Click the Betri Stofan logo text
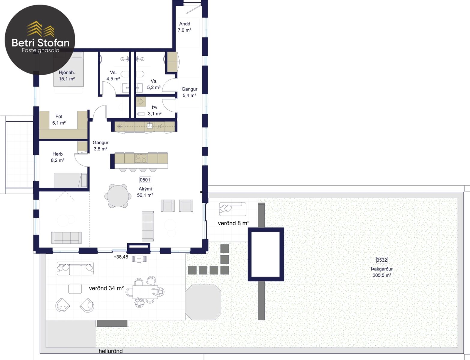coord(41,43)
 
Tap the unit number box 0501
coord(145,180)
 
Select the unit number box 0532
coord(382,260)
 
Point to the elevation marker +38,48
coord(121,257)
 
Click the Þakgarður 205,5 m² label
coord(382,272)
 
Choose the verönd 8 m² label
coord(233,223)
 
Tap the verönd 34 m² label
coord(106,288)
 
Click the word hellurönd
coord(110,351)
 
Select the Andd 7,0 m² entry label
coord(185,27)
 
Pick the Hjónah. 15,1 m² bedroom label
coord(67,76)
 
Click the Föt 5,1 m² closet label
coord(59,120)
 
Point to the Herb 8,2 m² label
coord(58,157)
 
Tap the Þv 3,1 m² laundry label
coord(155,110)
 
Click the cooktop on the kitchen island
coord(141,158)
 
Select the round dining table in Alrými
coord(118,196)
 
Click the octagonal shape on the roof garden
coord(203,302)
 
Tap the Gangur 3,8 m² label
coord(100,146)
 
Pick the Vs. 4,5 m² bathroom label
coord(113,76)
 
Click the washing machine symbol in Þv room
coord(140,102)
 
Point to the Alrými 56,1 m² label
coord(145,192)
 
